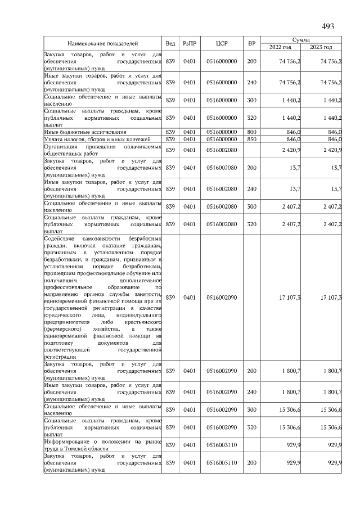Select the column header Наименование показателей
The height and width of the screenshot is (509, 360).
[103, 43]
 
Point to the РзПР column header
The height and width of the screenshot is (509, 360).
[189, 43]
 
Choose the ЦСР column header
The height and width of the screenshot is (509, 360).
[221, 43]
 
